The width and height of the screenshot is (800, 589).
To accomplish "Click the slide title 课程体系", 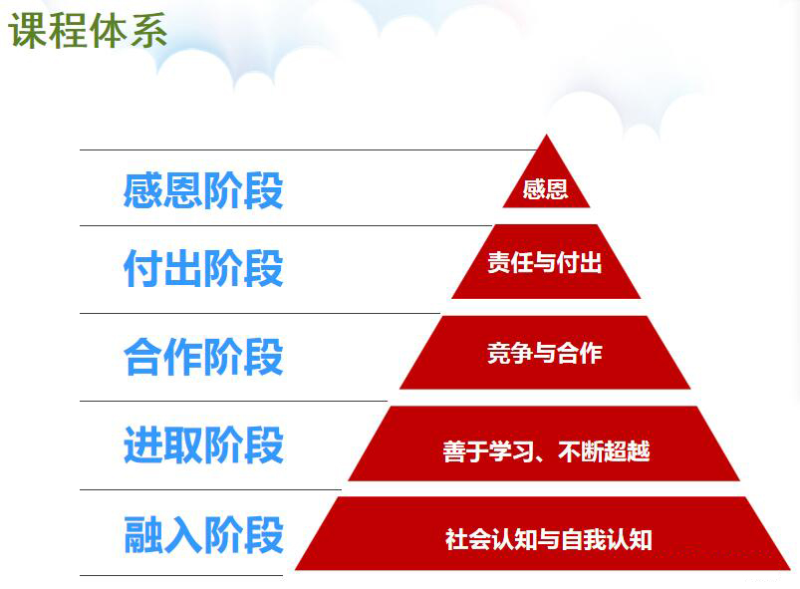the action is click(x=88, y=31).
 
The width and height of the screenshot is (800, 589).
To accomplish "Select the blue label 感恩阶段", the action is click(x=203, y=190).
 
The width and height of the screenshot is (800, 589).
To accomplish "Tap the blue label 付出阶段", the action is click(x=203, y=268).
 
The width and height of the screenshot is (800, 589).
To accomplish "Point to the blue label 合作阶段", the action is click(x=203, y=357).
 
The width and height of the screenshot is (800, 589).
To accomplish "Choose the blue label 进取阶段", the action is click(x=203, y=445).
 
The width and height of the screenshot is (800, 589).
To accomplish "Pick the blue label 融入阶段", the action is click(x=203, y=534).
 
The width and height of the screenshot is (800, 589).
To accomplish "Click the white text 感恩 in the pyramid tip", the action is click(x=545, y=189).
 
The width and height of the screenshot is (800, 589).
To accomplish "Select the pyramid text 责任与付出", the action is click(x=545, y=262).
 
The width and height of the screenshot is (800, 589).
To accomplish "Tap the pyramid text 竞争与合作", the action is click(x=545, y=353).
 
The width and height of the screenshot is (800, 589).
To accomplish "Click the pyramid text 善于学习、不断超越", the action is click(x=546, y=451).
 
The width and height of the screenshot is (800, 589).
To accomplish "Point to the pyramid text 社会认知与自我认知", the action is click(x=549, y=539).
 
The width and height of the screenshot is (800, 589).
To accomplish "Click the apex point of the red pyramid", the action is click(x=546, y=135).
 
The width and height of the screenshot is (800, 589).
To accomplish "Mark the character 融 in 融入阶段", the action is click(x=143, y=534).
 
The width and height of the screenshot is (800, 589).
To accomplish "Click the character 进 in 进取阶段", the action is click(x=143, y=445).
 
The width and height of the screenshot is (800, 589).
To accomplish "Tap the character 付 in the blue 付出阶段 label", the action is click(x=143, y=268).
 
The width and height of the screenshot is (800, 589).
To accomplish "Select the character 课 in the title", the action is click(x=28, y=31).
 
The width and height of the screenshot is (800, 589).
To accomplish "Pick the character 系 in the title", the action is click(x=148, y=31).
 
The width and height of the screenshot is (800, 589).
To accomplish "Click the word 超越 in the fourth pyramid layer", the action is click(x=627, y=451).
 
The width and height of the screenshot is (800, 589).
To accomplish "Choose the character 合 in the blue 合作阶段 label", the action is click(x=143, y=357).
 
